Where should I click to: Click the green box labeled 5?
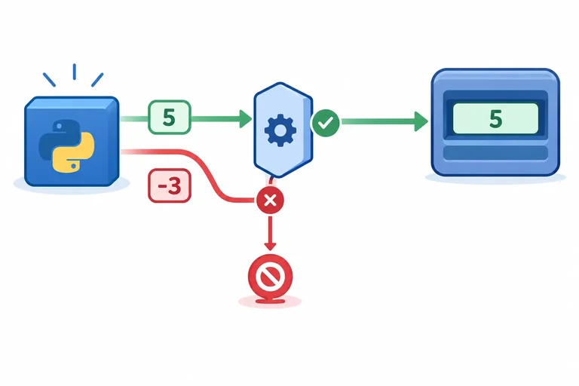coord(170,117)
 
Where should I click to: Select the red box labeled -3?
coord(170,185)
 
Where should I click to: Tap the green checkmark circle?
coord(326,123)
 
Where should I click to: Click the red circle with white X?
coord(271,201)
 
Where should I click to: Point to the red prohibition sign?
coord(271,277)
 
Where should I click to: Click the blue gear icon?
coord(280,130)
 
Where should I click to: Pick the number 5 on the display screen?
coord(495,119)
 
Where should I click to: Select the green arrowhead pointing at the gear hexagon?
coord(246,119)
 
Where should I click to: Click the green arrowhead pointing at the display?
coord(421,121)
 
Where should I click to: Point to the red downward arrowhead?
coord(271,246)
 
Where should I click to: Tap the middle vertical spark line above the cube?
coord(75,72)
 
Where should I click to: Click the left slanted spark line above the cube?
coord(49,80)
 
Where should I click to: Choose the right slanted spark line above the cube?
coord(97,80)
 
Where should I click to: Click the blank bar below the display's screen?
coord(495,153)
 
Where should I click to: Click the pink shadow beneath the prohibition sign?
coord(270,302)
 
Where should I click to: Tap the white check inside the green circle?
coord(326,123)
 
